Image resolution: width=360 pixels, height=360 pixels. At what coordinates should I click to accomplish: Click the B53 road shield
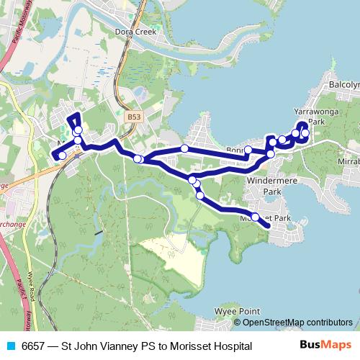point(132,115)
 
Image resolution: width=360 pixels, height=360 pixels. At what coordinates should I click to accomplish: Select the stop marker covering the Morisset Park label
point(255,215)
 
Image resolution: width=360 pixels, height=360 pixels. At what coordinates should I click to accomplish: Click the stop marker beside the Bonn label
point(248,150)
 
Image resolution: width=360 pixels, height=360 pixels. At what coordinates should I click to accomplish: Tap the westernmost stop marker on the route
point(63,156)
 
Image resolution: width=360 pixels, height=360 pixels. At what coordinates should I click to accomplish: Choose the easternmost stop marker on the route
point(305,134)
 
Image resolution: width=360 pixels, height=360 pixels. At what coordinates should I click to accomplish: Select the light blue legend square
point(12,346)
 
